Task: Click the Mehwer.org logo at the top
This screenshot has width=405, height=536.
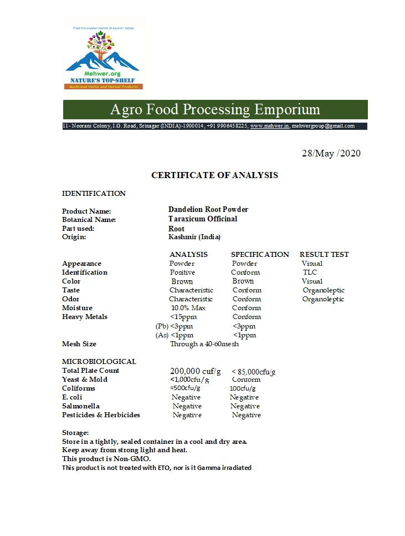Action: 104,54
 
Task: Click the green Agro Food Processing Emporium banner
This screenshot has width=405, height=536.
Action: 215,109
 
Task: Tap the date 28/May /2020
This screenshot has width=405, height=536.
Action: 331,153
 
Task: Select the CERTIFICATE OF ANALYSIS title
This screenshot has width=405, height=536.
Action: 214,175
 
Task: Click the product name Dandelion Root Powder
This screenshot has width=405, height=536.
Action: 208,210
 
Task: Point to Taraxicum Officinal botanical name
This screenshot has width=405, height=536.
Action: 203,219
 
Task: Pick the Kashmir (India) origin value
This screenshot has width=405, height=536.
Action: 194,237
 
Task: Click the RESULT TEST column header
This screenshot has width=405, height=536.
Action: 324,255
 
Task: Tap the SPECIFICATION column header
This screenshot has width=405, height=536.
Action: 260,255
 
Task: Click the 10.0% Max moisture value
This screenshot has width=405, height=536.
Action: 188,308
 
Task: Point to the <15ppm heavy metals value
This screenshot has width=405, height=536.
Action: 183,317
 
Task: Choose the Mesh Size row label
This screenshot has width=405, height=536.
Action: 79,344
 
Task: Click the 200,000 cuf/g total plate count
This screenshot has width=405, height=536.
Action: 196,371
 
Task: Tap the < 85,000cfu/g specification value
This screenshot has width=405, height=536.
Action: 254,372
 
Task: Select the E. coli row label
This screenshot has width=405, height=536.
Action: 73,397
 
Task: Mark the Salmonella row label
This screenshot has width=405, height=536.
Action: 81,406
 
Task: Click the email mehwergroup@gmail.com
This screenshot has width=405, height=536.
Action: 323,126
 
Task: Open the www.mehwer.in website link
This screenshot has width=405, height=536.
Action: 269,126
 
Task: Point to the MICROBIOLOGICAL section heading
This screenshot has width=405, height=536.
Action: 99,362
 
